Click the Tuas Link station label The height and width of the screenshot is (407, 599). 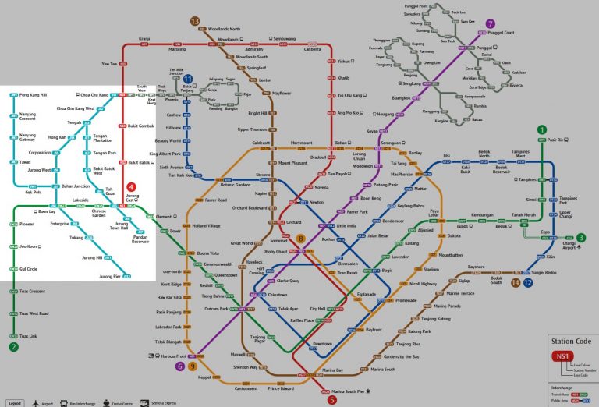(x=28, y=336)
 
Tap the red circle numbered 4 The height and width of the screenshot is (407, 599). (x=131, y=187)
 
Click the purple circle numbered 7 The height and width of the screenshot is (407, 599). (x=490, y=23)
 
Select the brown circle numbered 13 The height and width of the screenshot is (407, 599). (x=194, y=20)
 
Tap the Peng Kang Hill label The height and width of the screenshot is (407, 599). (x=33, y=94)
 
